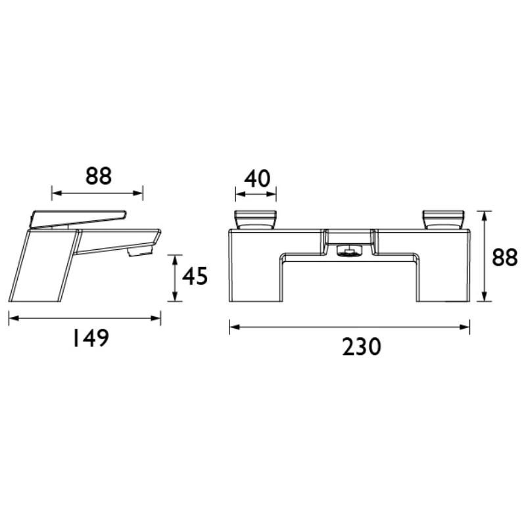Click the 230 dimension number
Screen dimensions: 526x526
click(362, 347)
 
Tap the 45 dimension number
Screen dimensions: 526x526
click(195, 277)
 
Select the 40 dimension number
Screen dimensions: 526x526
click(257, 178)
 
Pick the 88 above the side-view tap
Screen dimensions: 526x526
click(99, 176)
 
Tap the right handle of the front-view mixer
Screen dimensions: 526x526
click(444, 219)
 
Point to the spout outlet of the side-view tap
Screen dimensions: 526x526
click(138, 252)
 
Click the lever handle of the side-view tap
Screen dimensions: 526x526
click(79, 218)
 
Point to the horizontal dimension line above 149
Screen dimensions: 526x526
click(84, 318)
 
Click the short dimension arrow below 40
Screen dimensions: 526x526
click(256, 195)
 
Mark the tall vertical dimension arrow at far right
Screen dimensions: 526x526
click(485, 256)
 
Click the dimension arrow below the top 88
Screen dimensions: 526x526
click(97, 193)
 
